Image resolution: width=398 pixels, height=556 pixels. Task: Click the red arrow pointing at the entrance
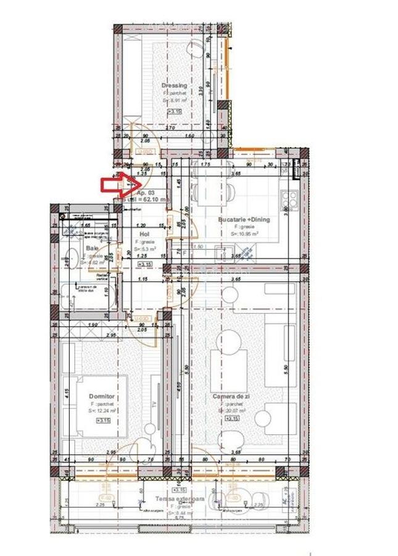coord(115,183)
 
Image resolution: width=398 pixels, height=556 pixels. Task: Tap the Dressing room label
coord(173,85)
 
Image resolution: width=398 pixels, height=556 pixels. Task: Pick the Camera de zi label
coord(230,396)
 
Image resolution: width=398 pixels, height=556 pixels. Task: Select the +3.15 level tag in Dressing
coord(175,111)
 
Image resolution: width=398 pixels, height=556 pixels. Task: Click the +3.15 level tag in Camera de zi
coord(231,419)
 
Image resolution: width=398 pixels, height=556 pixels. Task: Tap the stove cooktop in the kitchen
coord(289,200)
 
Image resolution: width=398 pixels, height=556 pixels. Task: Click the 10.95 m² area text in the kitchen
coord(244,234)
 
